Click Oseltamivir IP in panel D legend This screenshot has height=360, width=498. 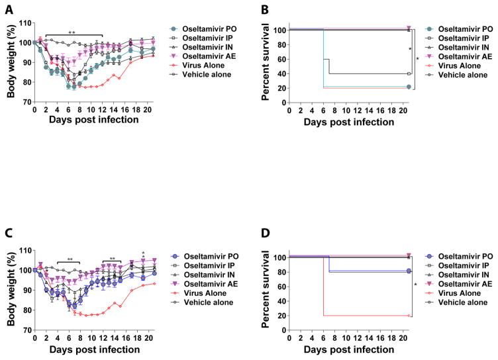pos(454,265)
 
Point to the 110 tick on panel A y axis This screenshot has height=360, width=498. pos(23,23)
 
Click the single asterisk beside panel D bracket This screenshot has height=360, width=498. pos(415,285)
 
